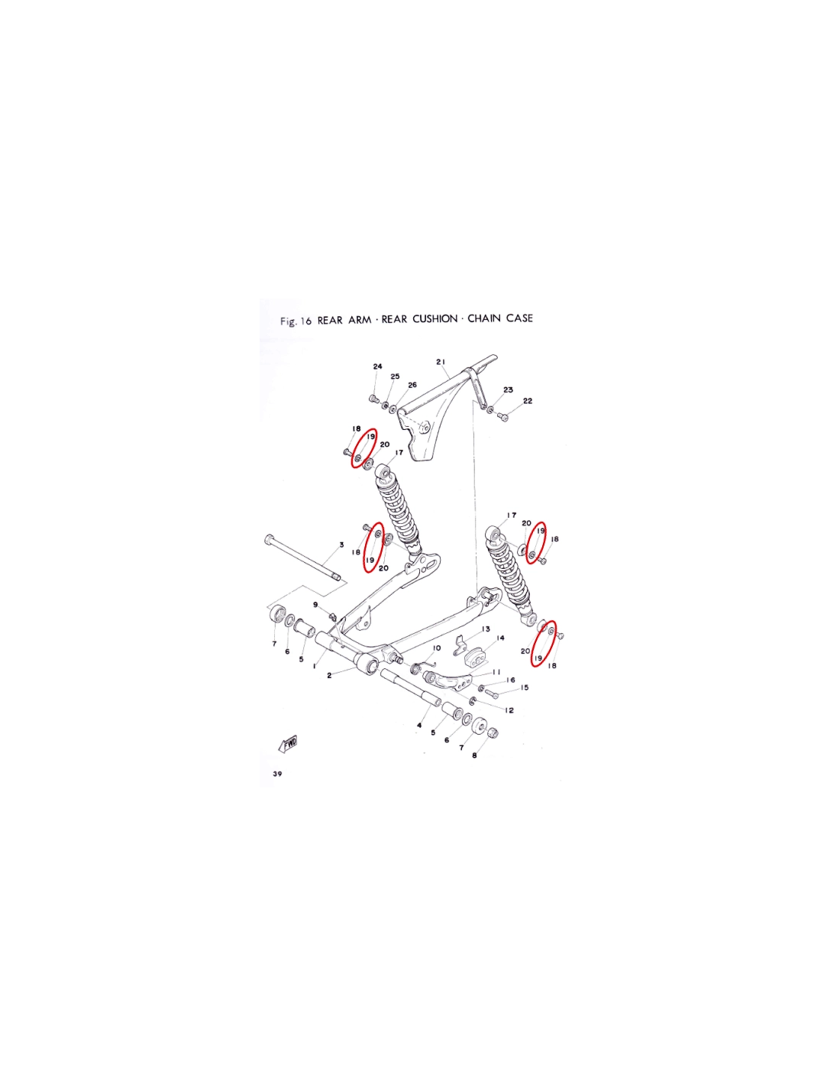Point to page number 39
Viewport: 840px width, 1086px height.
click(x=278, y=774)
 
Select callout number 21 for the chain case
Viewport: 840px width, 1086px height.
click(x=441, y=362)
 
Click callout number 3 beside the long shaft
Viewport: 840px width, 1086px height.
click(x=342, y=545)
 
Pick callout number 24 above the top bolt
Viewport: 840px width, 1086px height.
click(x=378, y=367)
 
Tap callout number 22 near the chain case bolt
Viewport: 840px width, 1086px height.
click(x=528, y=401)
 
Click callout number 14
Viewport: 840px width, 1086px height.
click(x=501, y=638)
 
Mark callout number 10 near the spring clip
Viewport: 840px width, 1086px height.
click(x=437, y=648)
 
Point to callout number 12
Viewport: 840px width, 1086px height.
click(x=509, y=710)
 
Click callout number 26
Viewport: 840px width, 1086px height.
click(x=412, y=385)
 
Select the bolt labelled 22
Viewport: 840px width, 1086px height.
click(x=504, y=416)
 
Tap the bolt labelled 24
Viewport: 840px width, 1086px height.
click(x=372, y=399)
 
